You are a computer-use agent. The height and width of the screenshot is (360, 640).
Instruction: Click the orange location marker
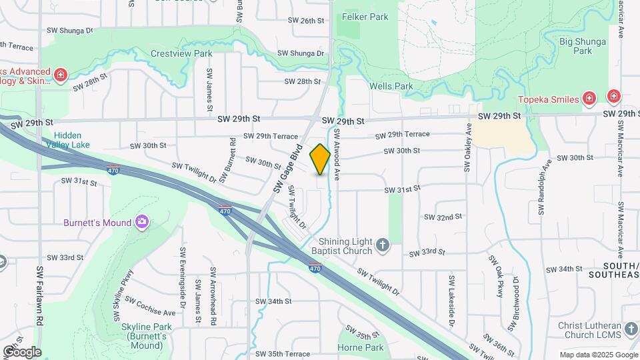(x=320, y=159)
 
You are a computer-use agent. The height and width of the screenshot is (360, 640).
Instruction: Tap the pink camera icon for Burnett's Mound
(x=141, y=221)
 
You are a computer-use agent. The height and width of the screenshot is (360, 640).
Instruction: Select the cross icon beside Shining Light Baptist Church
(x=383, y=245)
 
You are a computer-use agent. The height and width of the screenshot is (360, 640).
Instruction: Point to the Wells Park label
(x=391, y=86)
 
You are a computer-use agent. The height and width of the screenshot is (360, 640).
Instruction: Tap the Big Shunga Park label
(x=582, y=46)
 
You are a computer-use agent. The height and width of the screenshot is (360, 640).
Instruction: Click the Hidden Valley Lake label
(x=73, y=139)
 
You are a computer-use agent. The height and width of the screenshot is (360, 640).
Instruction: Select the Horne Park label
(x=360, y=347)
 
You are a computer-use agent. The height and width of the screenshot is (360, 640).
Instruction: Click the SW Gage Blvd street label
(x=287, y=168)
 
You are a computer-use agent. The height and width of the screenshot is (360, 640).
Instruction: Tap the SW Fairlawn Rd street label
(x=40, y=297)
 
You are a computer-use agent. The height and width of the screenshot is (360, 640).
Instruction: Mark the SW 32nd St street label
(x=443, y=217)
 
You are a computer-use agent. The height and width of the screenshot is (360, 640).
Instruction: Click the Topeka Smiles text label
(x=549, y=99)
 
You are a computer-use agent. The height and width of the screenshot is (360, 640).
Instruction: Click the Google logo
(x=21, y=352)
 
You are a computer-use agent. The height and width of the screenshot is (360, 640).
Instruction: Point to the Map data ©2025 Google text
(x=598, y=355)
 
